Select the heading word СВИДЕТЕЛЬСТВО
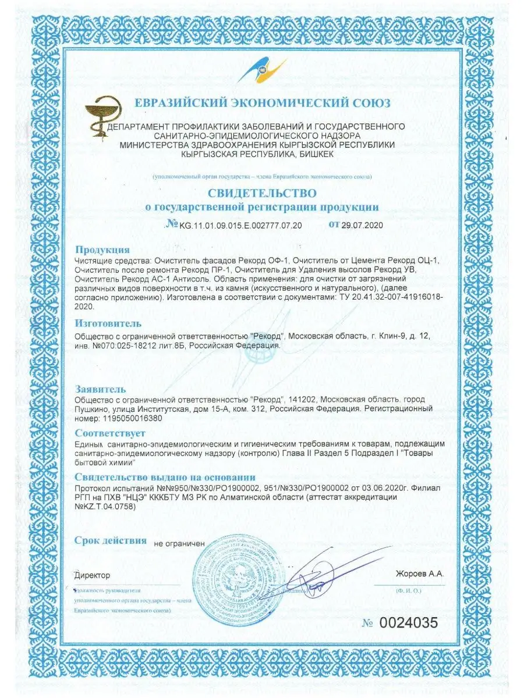(x=262, y=193)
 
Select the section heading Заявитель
(x=101, y=389)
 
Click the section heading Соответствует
(x=110, y=433)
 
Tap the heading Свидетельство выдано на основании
(x=165, y=477)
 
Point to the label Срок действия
(x=111, y=540)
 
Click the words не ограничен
(x=179, y=543)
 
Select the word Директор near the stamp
(x=93, y=575)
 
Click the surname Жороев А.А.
(x=419, y=574)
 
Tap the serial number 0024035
(x=408, y=622)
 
